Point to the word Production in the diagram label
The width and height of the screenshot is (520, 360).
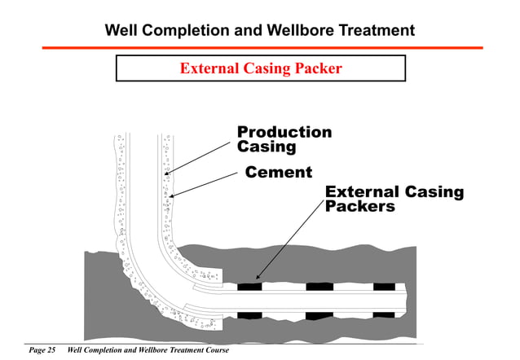click(284, 133)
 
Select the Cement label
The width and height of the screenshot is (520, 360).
click(279, 172)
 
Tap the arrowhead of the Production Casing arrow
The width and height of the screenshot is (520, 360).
click(165, 174)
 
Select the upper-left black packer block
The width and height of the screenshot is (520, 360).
click(249, 287)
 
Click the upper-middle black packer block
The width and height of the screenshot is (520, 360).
click(319, 287)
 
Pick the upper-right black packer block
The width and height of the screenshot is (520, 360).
click(384, 287)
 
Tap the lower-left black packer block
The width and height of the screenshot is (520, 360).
click(249, 314)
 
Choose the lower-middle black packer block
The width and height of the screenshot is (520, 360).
click(319, 314)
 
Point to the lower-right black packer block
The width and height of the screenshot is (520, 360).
click(384, 314)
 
